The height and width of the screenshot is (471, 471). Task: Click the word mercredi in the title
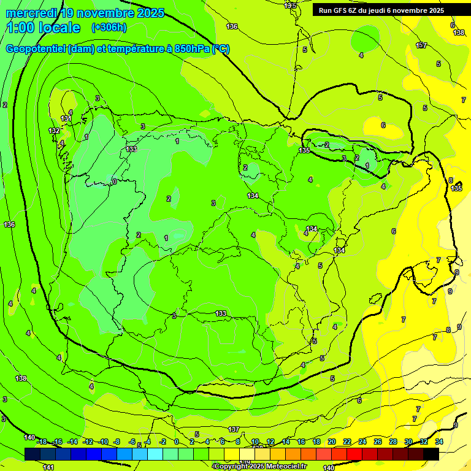29,13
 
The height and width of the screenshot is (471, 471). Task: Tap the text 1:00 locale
44,28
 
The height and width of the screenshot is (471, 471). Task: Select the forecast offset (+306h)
109,27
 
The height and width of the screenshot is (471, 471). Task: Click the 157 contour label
421,45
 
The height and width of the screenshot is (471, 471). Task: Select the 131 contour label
66,118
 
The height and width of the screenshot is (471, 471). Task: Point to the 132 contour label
55,131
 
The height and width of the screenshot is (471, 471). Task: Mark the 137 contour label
233,429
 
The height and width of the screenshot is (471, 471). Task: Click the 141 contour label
48,467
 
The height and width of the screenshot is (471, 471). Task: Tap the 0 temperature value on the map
115,182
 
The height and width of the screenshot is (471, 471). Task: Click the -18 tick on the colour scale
42,442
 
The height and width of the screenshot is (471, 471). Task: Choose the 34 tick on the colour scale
439,442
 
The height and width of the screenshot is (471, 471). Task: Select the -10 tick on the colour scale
104,442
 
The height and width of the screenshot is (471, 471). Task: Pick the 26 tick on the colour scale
378,442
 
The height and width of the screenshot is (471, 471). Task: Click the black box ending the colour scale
431,454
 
